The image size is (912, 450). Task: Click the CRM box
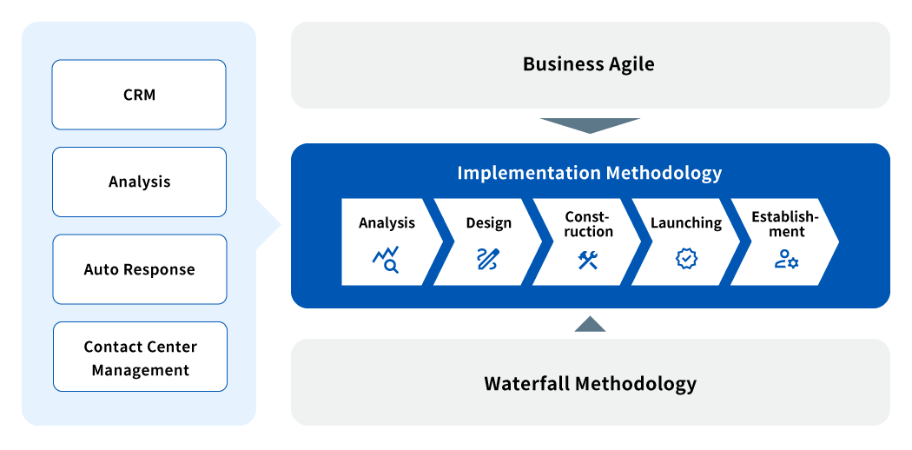click(139, 95)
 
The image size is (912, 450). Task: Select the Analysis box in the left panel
click(140, 182)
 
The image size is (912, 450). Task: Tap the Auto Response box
click(140, 269)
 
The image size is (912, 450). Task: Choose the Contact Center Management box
click(140, 356)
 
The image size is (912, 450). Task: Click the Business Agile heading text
click(589, 64)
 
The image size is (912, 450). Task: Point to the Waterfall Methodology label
click(590, 384)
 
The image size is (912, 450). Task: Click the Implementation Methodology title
click(589, 173)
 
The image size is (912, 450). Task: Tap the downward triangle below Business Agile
click(590, 126)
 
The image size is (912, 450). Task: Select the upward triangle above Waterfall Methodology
click(590, 324)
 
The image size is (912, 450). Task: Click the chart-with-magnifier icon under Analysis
click(386, 259)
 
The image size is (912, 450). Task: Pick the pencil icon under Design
click(488, 259)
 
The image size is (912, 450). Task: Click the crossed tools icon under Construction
click(588, 259)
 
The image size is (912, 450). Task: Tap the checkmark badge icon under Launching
click(687, 259)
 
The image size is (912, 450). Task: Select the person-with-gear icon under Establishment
click(786, 259)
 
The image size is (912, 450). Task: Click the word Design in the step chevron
click(488, 223)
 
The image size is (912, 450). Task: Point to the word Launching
click(686, 223)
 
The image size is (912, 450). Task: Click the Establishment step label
click(785, 224)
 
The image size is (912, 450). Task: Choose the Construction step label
click(589, 224)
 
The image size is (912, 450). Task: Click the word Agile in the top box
click(630, 64)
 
